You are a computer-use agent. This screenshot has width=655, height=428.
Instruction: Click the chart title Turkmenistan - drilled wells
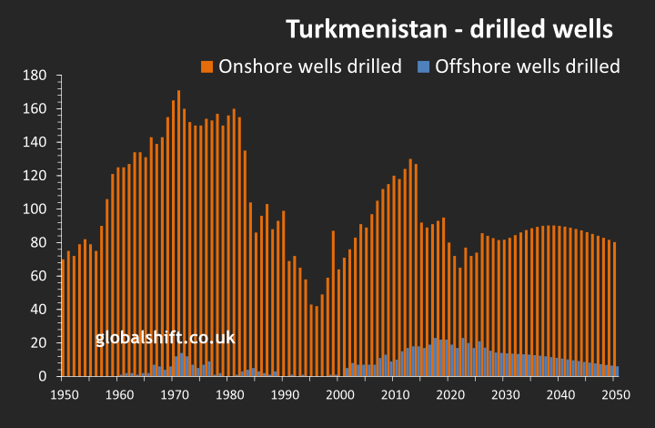click(x=449, y=29)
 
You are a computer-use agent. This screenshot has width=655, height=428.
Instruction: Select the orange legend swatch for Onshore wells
click(x=207, y=66)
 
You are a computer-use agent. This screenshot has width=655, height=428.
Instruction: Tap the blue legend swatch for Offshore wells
click(x=423, y=66)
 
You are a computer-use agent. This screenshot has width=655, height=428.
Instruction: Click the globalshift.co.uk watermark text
click(x=165, y=338)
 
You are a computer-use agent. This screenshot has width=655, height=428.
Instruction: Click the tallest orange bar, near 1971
click(x=178, y=232)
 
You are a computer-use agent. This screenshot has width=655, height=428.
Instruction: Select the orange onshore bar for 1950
click(x=63, y=319)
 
